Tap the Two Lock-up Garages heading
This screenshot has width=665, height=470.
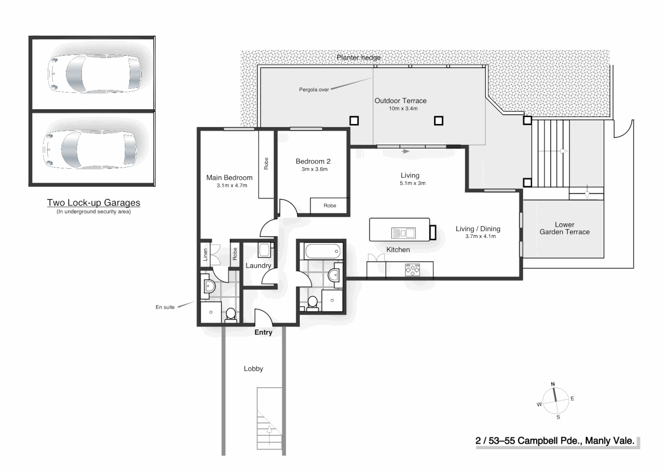pos(94,203)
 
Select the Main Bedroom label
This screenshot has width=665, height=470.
pos(229,178)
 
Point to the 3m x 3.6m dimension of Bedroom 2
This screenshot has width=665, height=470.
pos(314,169)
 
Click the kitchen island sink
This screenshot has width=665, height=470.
pos(403,233)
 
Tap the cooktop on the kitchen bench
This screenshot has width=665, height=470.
pos(412,270)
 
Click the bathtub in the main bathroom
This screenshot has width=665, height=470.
pos(322,251)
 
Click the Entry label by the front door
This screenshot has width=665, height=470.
pos(263,332)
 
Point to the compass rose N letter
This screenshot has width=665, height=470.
pos(553,384)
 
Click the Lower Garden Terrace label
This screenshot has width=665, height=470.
pos(564,228)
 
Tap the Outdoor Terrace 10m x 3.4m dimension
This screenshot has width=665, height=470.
pos(403,109)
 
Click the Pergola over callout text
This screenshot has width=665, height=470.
pos(314,90)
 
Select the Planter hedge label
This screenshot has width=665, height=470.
pos(358,57)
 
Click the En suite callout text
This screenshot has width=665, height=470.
pos(165,307)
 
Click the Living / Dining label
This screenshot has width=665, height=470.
pos(478,229)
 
